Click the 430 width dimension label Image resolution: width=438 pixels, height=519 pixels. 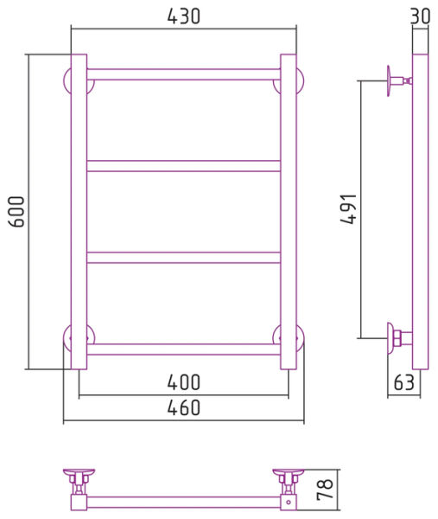pos(183,16)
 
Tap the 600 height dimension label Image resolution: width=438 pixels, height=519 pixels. pos(16,212)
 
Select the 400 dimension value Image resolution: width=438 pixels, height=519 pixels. pos(183,382)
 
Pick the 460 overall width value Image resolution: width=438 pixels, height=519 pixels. pos(183,407)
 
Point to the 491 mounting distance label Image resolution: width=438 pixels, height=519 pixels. pos(349,208)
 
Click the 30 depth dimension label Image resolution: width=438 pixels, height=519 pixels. pos(421,16)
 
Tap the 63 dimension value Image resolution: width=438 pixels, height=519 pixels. pos(404,382)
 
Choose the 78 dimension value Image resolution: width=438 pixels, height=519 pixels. pos(325,490)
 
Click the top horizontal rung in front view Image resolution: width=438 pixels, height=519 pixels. pos(183,74)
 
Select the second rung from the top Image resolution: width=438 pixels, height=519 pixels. pos(183,166)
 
